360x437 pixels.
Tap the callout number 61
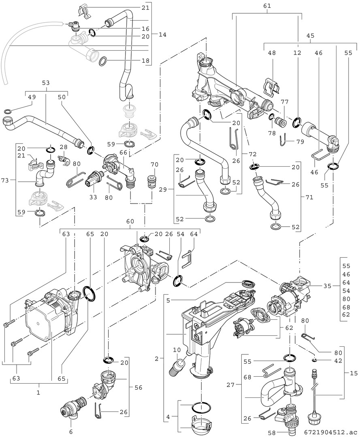267,6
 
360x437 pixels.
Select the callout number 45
311,35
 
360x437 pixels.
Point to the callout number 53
46,83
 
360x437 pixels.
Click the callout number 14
162,35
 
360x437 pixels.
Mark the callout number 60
130,222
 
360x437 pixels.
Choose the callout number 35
328,286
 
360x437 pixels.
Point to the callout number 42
327,360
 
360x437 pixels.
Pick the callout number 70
154,165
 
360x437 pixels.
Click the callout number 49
32,97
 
